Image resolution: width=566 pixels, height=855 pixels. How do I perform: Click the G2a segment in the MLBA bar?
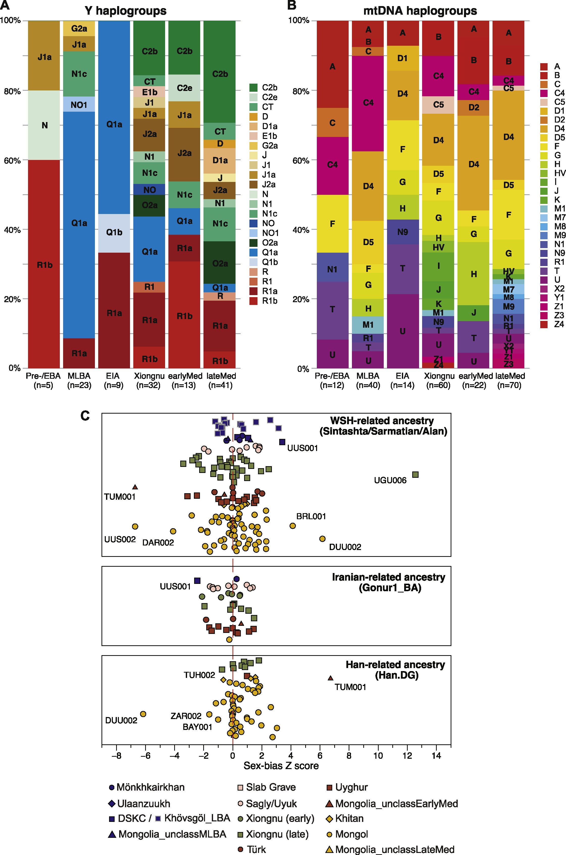[x=79, y=29]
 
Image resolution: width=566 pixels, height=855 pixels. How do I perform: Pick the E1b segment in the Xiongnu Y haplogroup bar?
[x=149, y=92]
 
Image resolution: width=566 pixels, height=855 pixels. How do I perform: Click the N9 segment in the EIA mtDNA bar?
[x=402, y=232]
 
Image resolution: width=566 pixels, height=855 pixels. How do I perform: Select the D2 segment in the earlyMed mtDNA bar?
[x=474, y=108]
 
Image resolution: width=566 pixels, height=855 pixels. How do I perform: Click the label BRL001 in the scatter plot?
[x=311, y=516]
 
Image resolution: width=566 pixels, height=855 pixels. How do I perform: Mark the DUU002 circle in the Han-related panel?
[x=143, y=714]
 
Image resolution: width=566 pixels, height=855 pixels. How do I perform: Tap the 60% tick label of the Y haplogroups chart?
[x=12, y=160]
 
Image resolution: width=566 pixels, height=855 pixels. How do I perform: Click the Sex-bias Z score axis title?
[x=281, y=766]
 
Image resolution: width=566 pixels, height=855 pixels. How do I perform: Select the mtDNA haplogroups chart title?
[x=420, y=11]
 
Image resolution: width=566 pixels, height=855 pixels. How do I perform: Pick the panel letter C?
[x=85, y=416]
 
